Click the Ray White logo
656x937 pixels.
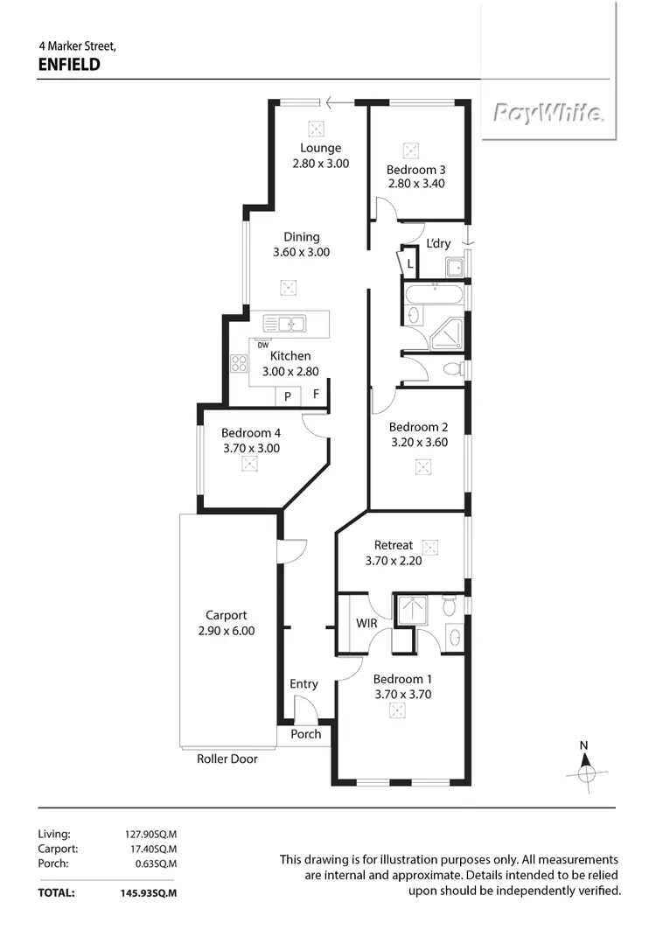click(548, 113)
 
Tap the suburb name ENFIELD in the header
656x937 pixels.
click(70, 63)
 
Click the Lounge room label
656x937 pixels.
click(320, 148)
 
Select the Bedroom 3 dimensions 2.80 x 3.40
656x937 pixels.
click(416, 184)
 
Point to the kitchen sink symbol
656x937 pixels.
click(283, 324)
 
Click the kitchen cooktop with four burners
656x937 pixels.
click(239, 364)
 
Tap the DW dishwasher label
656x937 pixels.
click(262, 344)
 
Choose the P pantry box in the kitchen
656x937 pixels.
click(287, 396)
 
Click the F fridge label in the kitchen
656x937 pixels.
click(316, 395)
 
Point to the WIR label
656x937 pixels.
click(366, 624)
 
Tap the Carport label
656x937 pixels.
click(226, 615)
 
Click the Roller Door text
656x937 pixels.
click(227, 759)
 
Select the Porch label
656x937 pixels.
click(306, 734)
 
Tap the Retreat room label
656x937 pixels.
click(394, 545)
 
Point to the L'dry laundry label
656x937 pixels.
click(438, 243)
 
